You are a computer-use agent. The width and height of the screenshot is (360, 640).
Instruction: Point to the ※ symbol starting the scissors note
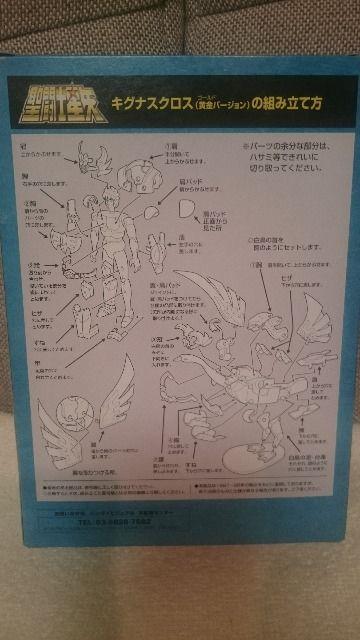tap(245, 147)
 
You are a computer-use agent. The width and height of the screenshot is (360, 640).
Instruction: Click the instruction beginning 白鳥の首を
tap(274, 246)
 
